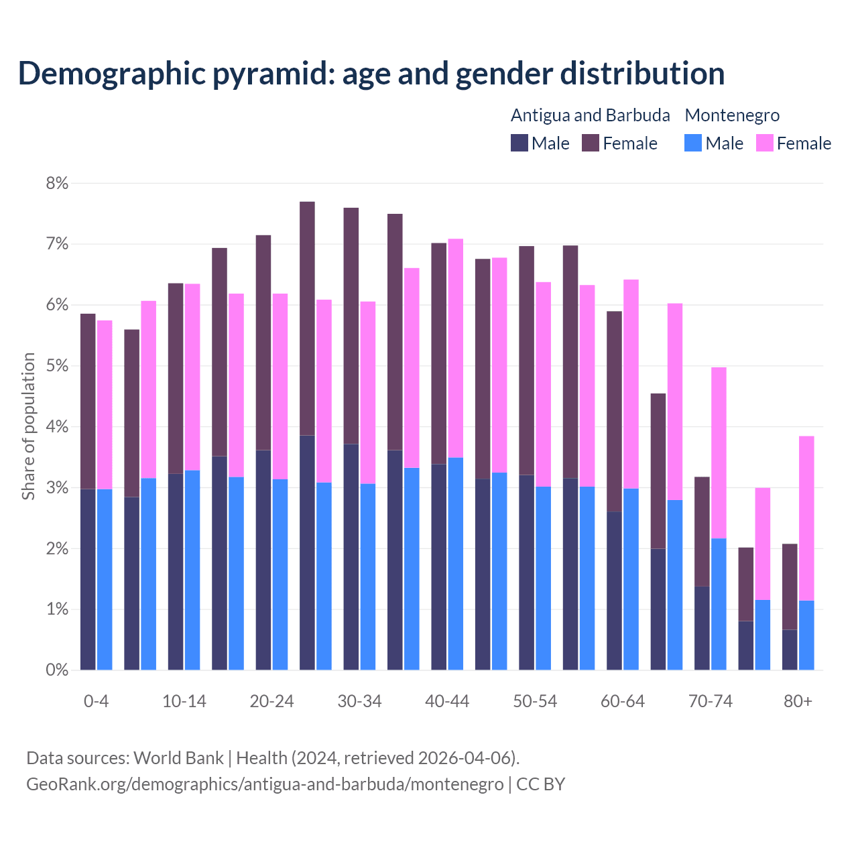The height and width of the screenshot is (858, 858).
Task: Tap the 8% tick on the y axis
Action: point(57,184)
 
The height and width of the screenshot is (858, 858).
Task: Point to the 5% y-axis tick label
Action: point(57,367)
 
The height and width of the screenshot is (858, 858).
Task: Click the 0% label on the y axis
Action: point(57,670)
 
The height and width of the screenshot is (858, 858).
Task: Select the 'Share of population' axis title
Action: point(28,426)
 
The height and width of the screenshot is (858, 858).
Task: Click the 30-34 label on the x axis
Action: point(359,702)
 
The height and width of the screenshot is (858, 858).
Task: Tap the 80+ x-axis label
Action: point(798,702)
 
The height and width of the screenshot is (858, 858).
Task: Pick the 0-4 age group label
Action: point(96,702)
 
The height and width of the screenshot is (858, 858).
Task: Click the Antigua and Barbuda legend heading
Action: point(590,115)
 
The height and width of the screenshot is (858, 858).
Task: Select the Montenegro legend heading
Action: point(732,115)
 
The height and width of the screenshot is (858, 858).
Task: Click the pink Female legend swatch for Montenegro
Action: point(764,143)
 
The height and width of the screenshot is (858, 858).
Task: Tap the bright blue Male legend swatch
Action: point(693,143)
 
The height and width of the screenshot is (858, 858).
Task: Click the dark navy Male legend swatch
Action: point(519,143)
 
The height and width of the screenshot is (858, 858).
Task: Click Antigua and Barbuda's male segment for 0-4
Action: point(88,580)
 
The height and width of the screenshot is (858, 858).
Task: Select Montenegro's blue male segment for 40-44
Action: point(456,564)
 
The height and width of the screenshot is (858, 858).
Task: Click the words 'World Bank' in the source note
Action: point(178,758)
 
